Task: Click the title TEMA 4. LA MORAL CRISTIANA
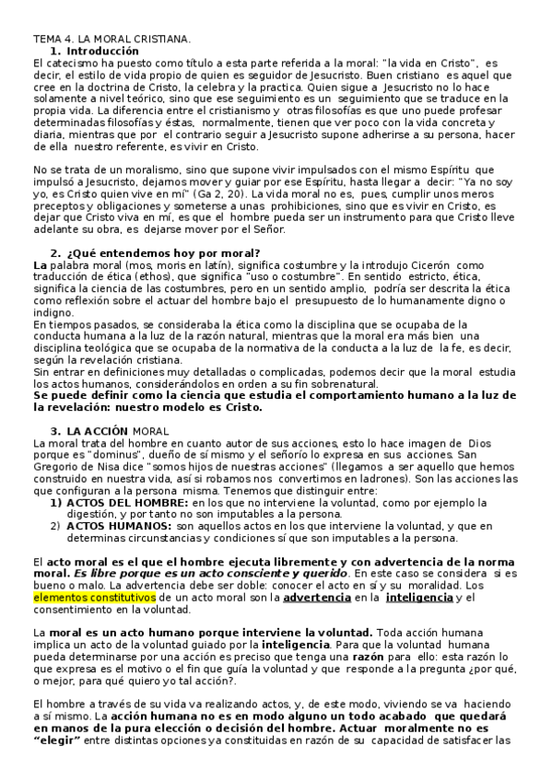coord(112,40)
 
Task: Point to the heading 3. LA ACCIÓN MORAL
coord(117,405)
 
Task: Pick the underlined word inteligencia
coord(419,598)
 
